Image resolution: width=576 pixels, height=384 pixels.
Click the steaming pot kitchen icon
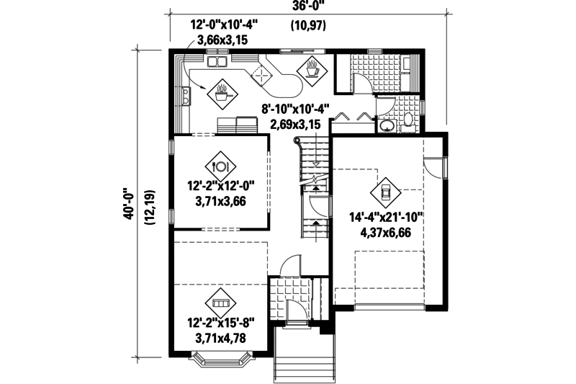pos(221,91)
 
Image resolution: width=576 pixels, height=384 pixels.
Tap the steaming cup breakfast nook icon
pos(312,68)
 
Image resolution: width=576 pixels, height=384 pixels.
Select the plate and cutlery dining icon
pos(220,164)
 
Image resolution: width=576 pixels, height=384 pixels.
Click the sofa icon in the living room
pos(220,301)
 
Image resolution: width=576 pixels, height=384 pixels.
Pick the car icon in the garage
pos(385,192)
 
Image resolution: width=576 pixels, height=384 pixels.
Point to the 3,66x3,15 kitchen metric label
pos(222,40)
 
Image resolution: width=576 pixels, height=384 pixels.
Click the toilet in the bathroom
pos(408,122)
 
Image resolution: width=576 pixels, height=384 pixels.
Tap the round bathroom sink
pos(387,126)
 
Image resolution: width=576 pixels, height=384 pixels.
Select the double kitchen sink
pos(217,63)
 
